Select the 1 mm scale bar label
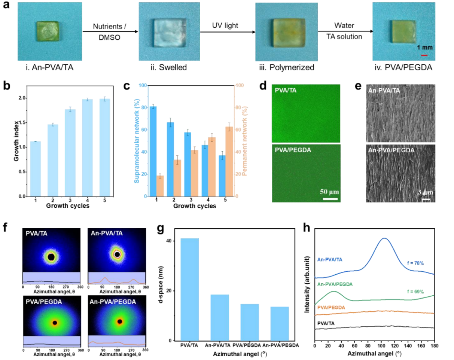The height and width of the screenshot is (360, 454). pyautogui.click(x=425, y=48)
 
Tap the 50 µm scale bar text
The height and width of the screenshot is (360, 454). pyautogui.click(x=329, y=192)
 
